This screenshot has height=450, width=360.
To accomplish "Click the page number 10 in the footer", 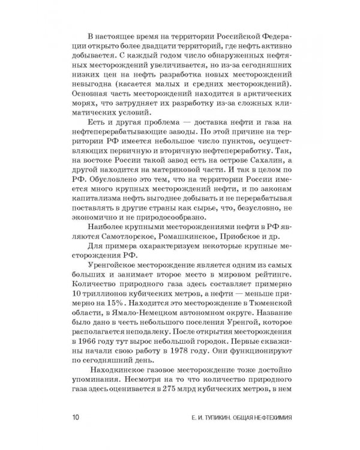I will (74, 417).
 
